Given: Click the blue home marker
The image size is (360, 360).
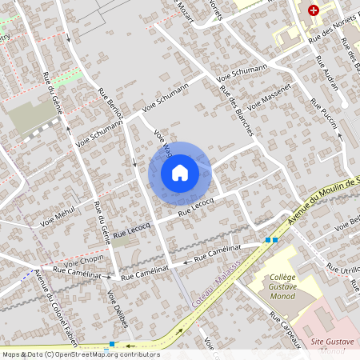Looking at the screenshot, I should pyautogui.click(x=180, y=173).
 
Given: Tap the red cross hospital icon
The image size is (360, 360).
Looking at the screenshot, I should pyautogui.click(x=314, y=10).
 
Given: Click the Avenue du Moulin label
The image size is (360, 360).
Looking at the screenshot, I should pyautogui.click(x=328, y=196).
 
